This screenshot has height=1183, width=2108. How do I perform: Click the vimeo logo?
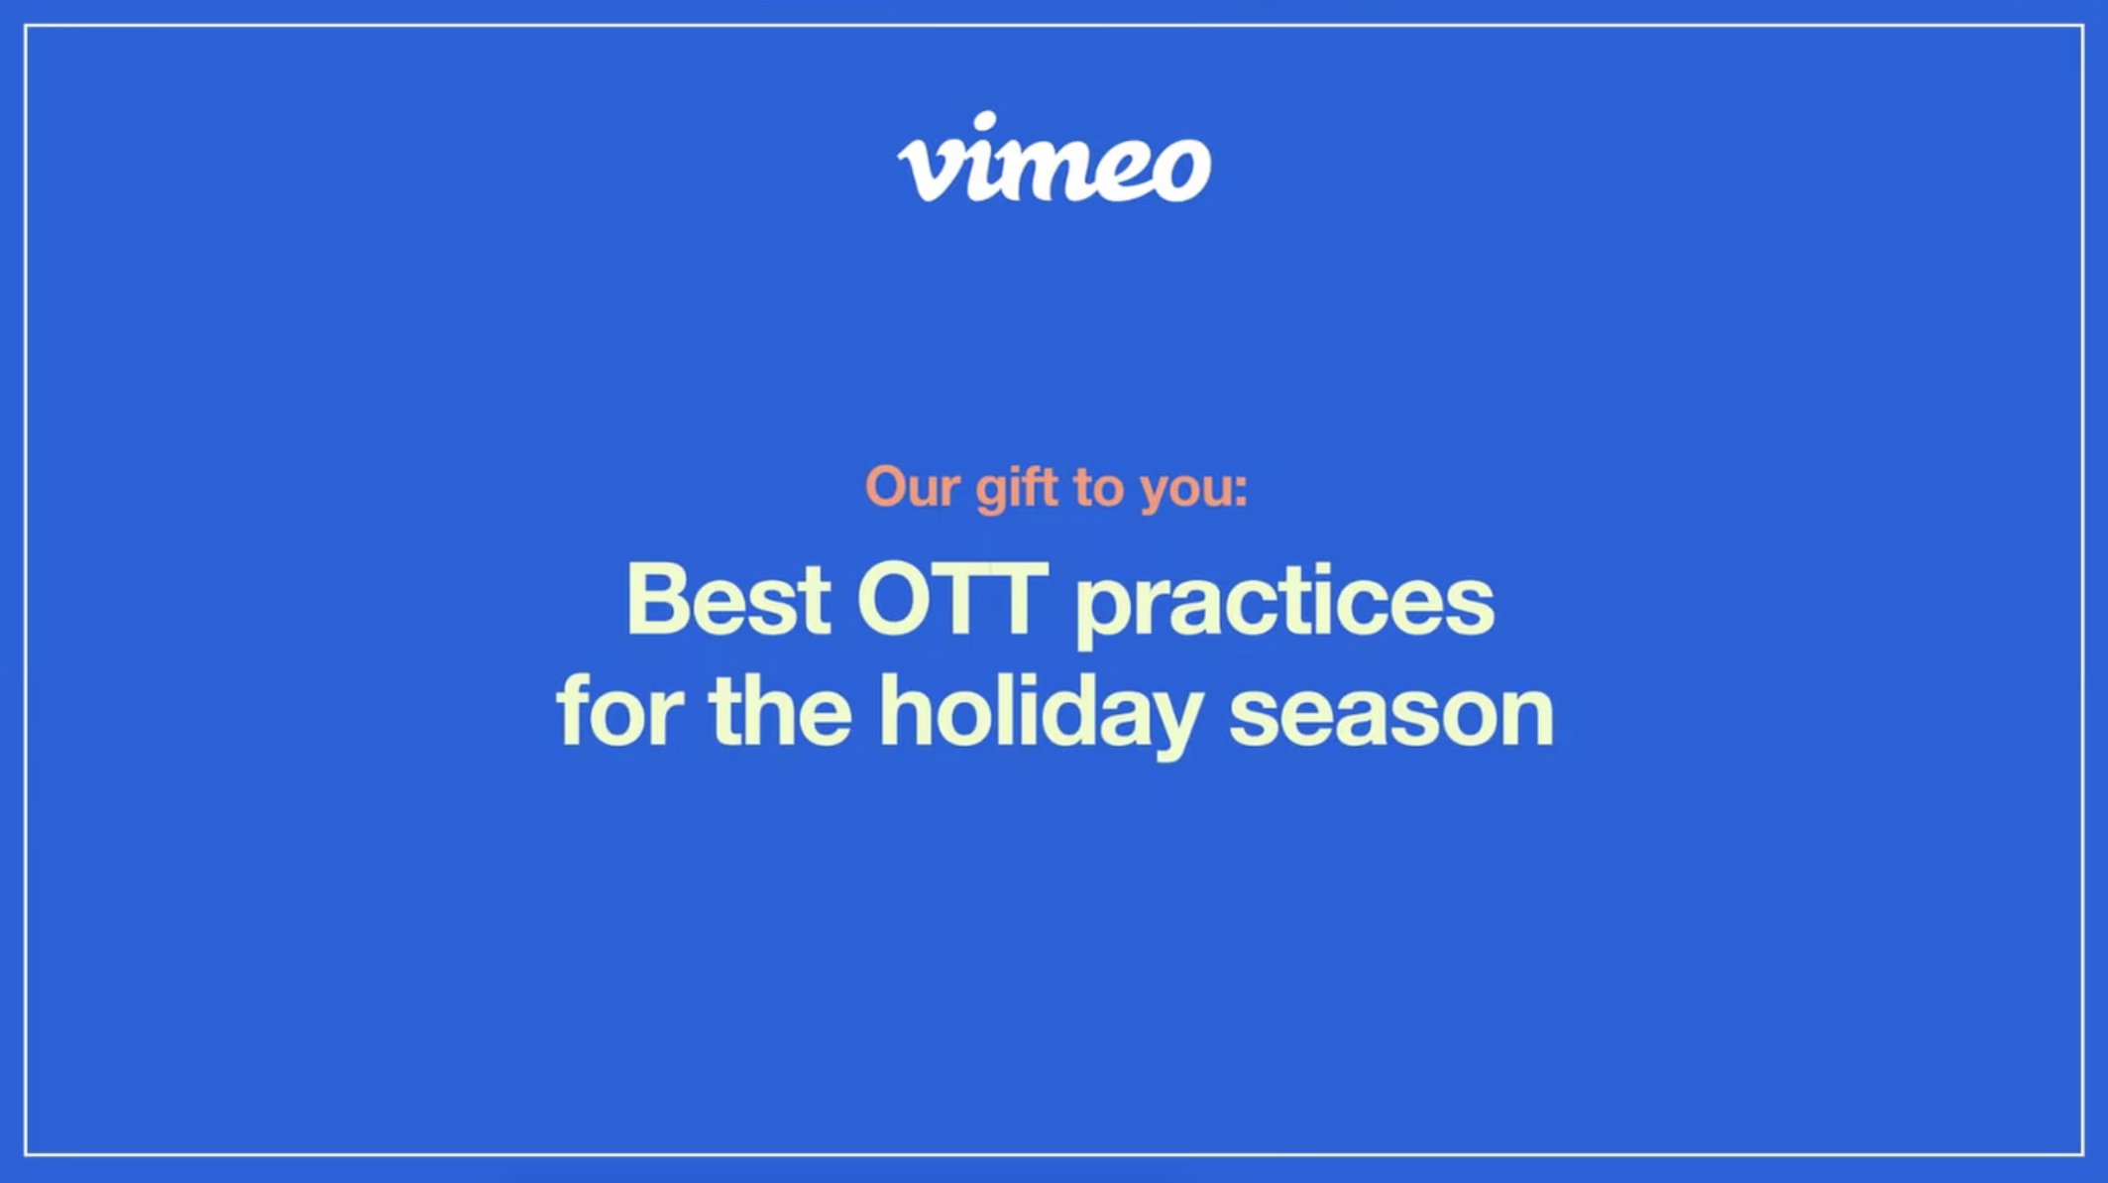point(1054,158)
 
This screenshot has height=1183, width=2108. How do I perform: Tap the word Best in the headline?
point(727,599)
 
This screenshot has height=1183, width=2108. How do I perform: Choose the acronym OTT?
point(952,599)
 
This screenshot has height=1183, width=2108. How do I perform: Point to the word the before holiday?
point(780,710)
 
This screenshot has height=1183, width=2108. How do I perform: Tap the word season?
point(1391,717)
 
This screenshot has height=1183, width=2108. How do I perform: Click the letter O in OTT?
point(895,599)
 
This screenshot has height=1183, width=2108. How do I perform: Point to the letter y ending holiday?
point(1173,725)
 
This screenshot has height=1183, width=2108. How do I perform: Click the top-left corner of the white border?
point(27,27)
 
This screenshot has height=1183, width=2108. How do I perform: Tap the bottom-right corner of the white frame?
point(2082,1153)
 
